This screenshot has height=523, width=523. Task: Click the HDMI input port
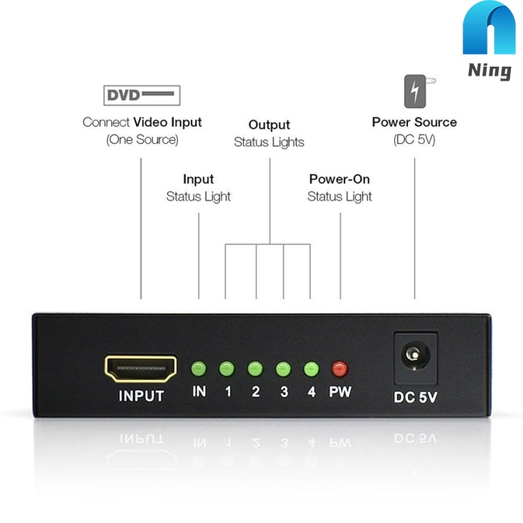(x=141, y=369)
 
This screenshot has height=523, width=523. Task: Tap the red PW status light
(x=340, y=369)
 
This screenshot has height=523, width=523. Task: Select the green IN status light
(x=199, y=369)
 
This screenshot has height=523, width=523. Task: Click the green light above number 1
(x=227, y=369)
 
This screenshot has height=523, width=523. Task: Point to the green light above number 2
(x=255, y=369)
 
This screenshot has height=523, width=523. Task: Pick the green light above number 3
(x=283, y=369)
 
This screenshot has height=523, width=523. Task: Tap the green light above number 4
(x=311, y=369)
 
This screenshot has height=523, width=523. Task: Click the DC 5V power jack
(x=414, y=355)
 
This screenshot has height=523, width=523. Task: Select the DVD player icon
(x=142, y=96)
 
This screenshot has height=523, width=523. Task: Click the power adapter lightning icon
(x=415, y=91)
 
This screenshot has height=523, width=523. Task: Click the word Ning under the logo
(x=489, y=71)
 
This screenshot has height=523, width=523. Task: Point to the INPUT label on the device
(x=141, y=396)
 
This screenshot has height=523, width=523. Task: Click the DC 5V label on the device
(x=415, y=396)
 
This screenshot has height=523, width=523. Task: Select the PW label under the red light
(x=340, y=393)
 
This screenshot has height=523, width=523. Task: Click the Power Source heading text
(x=414, y=122)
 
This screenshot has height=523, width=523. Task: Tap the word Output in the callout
(x=269, y=125)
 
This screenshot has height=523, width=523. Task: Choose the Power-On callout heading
(x=340, y=179)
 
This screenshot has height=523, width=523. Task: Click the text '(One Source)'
(x=142, y=139)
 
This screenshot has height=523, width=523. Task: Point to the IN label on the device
(x=199, y=393)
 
